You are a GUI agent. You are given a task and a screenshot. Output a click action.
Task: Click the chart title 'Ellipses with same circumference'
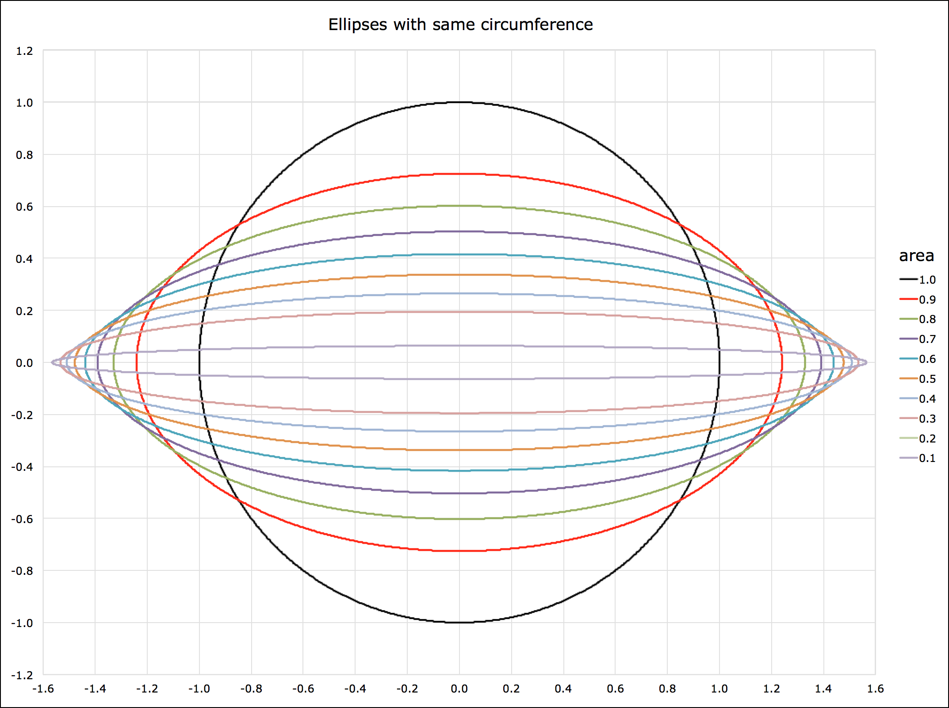pos(460,25)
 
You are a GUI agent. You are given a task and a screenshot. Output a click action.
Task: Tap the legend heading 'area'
pos(916,256)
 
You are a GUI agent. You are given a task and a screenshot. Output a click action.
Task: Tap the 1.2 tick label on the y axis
pos(24,51)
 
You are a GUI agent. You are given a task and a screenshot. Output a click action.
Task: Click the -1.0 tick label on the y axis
pos(22,623)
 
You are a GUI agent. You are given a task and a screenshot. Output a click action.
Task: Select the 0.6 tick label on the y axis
pos(24,207)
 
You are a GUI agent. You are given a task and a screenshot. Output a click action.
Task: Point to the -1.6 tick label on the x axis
pos(43,689)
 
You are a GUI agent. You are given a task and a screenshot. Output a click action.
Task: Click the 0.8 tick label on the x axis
pos(667,689)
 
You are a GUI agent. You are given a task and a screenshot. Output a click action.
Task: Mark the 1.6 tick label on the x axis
pos(875,689)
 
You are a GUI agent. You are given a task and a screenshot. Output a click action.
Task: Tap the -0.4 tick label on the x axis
pos(355,689)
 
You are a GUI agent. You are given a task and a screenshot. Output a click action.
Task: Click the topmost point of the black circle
pos(459,103)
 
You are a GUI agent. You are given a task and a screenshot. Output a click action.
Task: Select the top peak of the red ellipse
pos(459,174)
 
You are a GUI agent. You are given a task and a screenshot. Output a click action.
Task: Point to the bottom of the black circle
pos(459,623)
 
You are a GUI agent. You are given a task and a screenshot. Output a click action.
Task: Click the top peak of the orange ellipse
pos(459,275)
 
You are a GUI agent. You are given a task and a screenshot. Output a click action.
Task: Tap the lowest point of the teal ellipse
pos(459,471)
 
